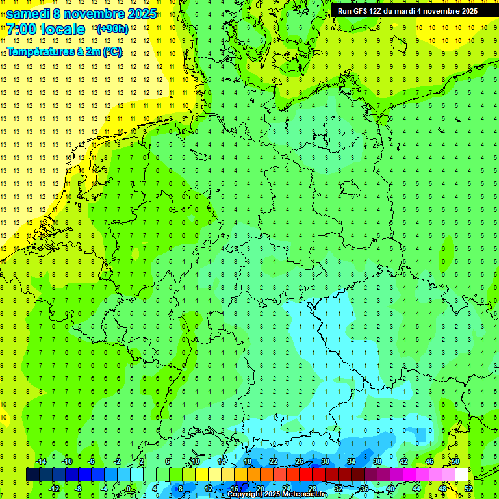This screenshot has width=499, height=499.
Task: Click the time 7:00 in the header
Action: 21,29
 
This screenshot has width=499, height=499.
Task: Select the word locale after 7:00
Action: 62,29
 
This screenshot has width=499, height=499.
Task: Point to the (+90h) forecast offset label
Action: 112,29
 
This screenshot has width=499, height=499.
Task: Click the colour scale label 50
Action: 455,461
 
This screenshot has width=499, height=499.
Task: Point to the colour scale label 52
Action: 468,489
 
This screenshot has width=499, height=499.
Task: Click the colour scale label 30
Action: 325,461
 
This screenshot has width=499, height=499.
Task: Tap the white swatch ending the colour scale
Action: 461,474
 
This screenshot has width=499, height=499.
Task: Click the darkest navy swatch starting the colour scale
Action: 32,474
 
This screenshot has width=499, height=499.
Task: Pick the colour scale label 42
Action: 403,461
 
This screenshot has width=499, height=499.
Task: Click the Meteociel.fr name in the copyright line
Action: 305,494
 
